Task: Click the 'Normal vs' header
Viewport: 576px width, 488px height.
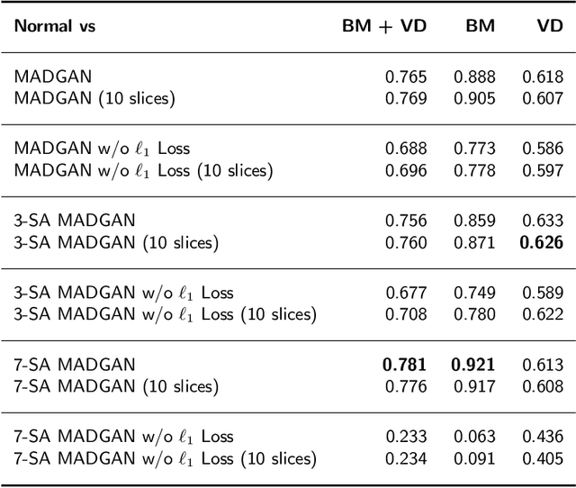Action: pos(54,26)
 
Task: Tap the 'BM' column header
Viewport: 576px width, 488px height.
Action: pos(480,26)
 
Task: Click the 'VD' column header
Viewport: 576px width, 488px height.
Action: pos(549,26)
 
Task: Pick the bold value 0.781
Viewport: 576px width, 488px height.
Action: pos(405,365)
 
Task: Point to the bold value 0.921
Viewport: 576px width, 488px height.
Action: pos(473,365)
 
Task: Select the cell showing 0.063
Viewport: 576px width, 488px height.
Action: pos(473,437)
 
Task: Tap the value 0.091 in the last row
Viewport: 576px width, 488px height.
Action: pos(473,458)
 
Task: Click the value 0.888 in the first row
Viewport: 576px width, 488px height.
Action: pos(473,77)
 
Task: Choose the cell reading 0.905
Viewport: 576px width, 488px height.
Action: pos(473,98)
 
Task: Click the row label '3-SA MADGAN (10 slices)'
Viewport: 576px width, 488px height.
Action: pos(116,241)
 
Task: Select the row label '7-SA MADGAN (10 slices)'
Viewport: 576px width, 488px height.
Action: pos(116,386)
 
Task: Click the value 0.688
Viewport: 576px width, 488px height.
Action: pos(405,149)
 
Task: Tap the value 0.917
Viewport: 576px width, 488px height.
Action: pos(473,386)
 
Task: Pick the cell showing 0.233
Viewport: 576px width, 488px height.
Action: pos(405,437)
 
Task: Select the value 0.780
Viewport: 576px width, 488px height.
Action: pos(473,314)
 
